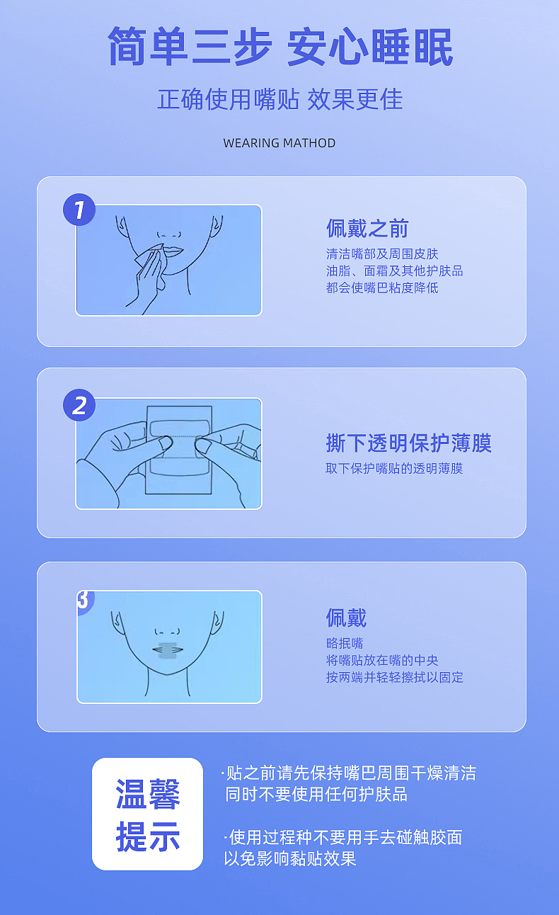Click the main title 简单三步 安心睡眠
[x=279, y=48]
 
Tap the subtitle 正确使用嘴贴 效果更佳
[x=279, y=99]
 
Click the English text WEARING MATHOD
[x=279, y=143]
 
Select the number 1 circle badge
[x=79, y=210]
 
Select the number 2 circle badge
[x=79, y=404]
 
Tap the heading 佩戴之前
[x=367, y=229]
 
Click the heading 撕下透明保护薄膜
[x=408, y=443]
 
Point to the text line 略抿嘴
[x=345, y=643]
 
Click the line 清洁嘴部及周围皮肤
[x=382, y=254]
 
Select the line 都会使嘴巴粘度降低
[x=382, y=288]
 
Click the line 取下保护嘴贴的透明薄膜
[x=394, y=469]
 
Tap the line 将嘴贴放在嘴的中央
[x=382, y=660]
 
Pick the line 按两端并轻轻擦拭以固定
[x=394, y=677]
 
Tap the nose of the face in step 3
[x=168, y=630]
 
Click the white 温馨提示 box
[x=147, y=814]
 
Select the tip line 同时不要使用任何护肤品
[x=316, y=795]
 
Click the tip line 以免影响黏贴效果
[x=290, y=859]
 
